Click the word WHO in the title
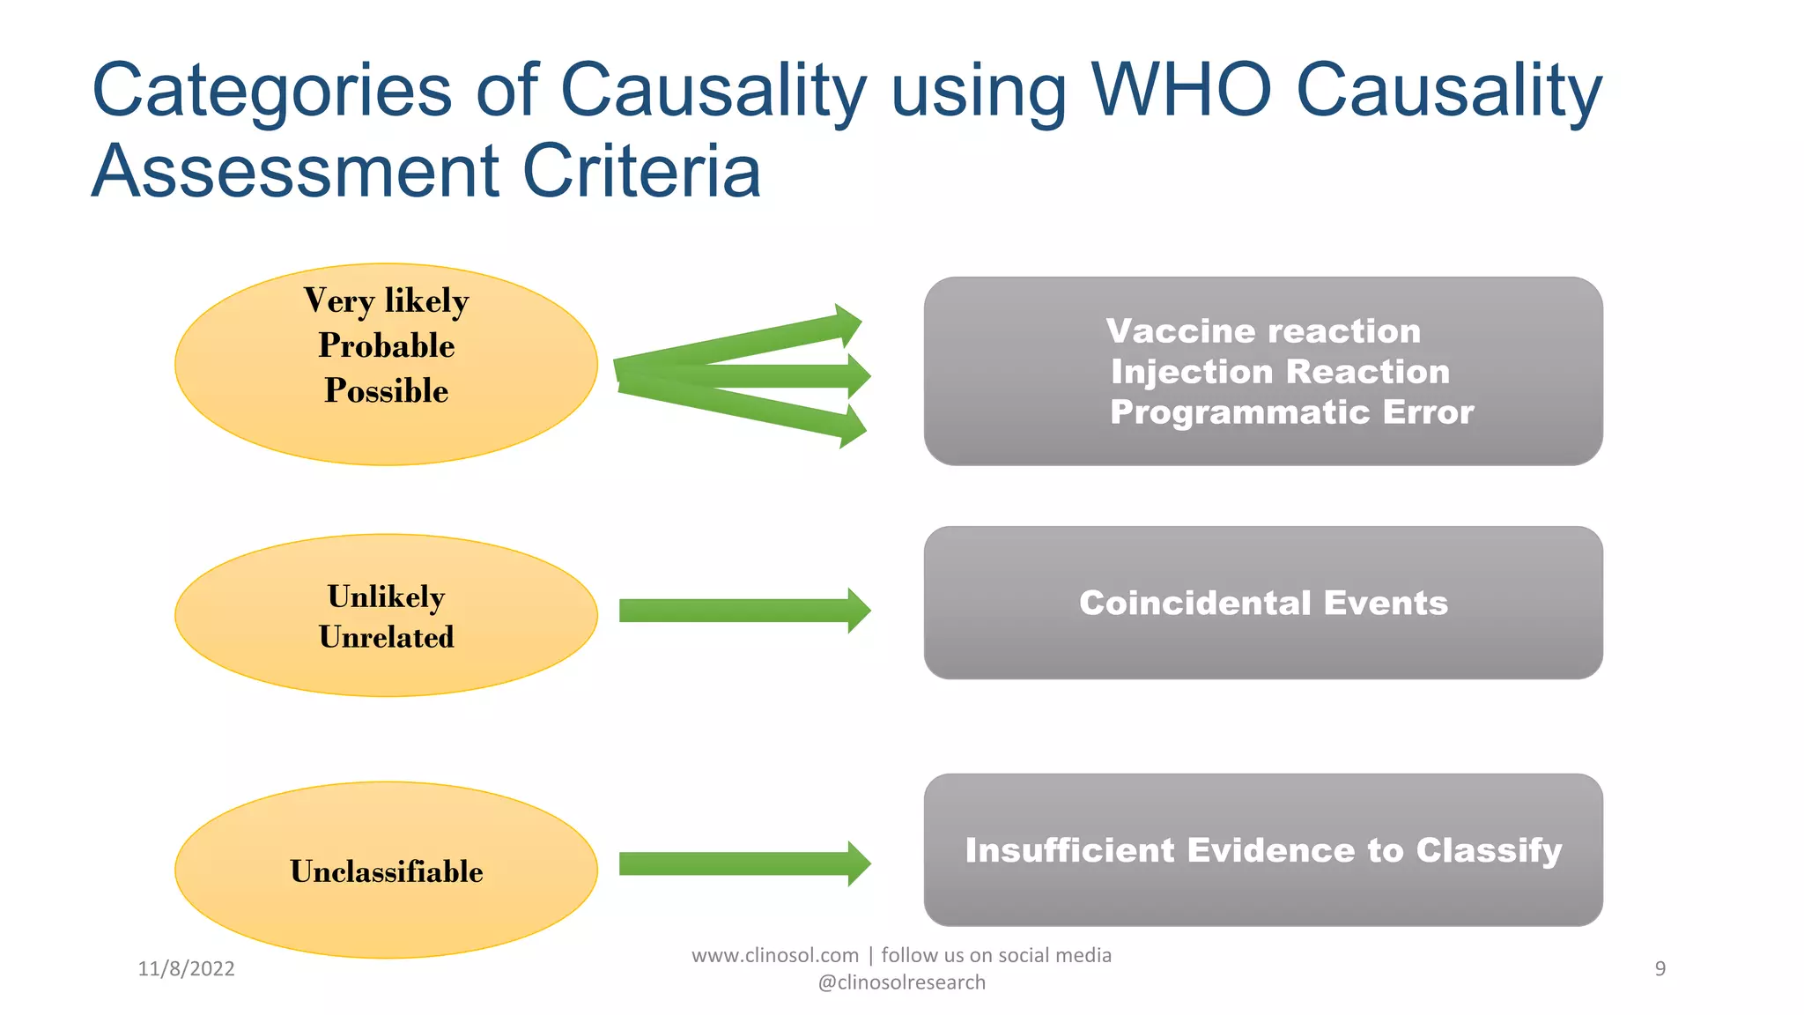[x=1180, y=90]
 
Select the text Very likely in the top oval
[x=386, y=301]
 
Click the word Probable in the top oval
[x=386, y=345]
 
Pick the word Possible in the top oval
[x=386, y=390]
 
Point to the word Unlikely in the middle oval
[x=386, y=596]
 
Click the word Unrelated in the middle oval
[x=386, y=637]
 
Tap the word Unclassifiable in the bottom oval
[x=386, y=871]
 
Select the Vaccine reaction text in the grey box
[x=1263, y=331]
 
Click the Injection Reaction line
[x=1280, y=372]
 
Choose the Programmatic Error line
[x=1291, y=412]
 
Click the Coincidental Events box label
[x=1263, y=604]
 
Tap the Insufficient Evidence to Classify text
[x=1263, y=850]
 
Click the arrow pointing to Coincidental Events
[x=744, y=611]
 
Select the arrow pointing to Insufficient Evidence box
[x=744, y=863]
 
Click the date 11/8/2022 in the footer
[x=186, y=969]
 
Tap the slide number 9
[x=1660, y=969]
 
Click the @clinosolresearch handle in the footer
[x=901, y=982]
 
